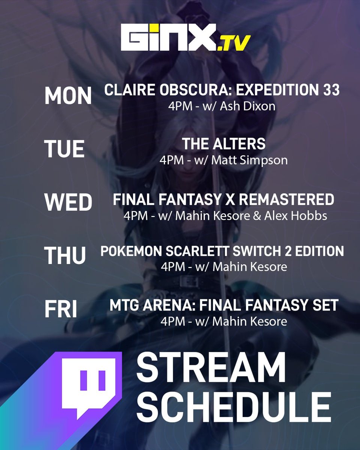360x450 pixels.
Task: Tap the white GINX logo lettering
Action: click(169, 37)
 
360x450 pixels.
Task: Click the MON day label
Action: click(68, 96)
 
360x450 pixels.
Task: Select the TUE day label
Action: click(64, 149)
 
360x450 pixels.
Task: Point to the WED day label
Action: click(68, 202)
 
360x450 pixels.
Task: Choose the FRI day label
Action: click(61, 310)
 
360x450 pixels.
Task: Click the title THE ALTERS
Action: click(224, 144)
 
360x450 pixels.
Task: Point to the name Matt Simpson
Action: click(250, 160)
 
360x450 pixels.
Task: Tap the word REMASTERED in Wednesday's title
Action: click(286, 199)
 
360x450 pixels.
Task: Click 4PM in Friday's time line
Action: click(171, 322)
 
